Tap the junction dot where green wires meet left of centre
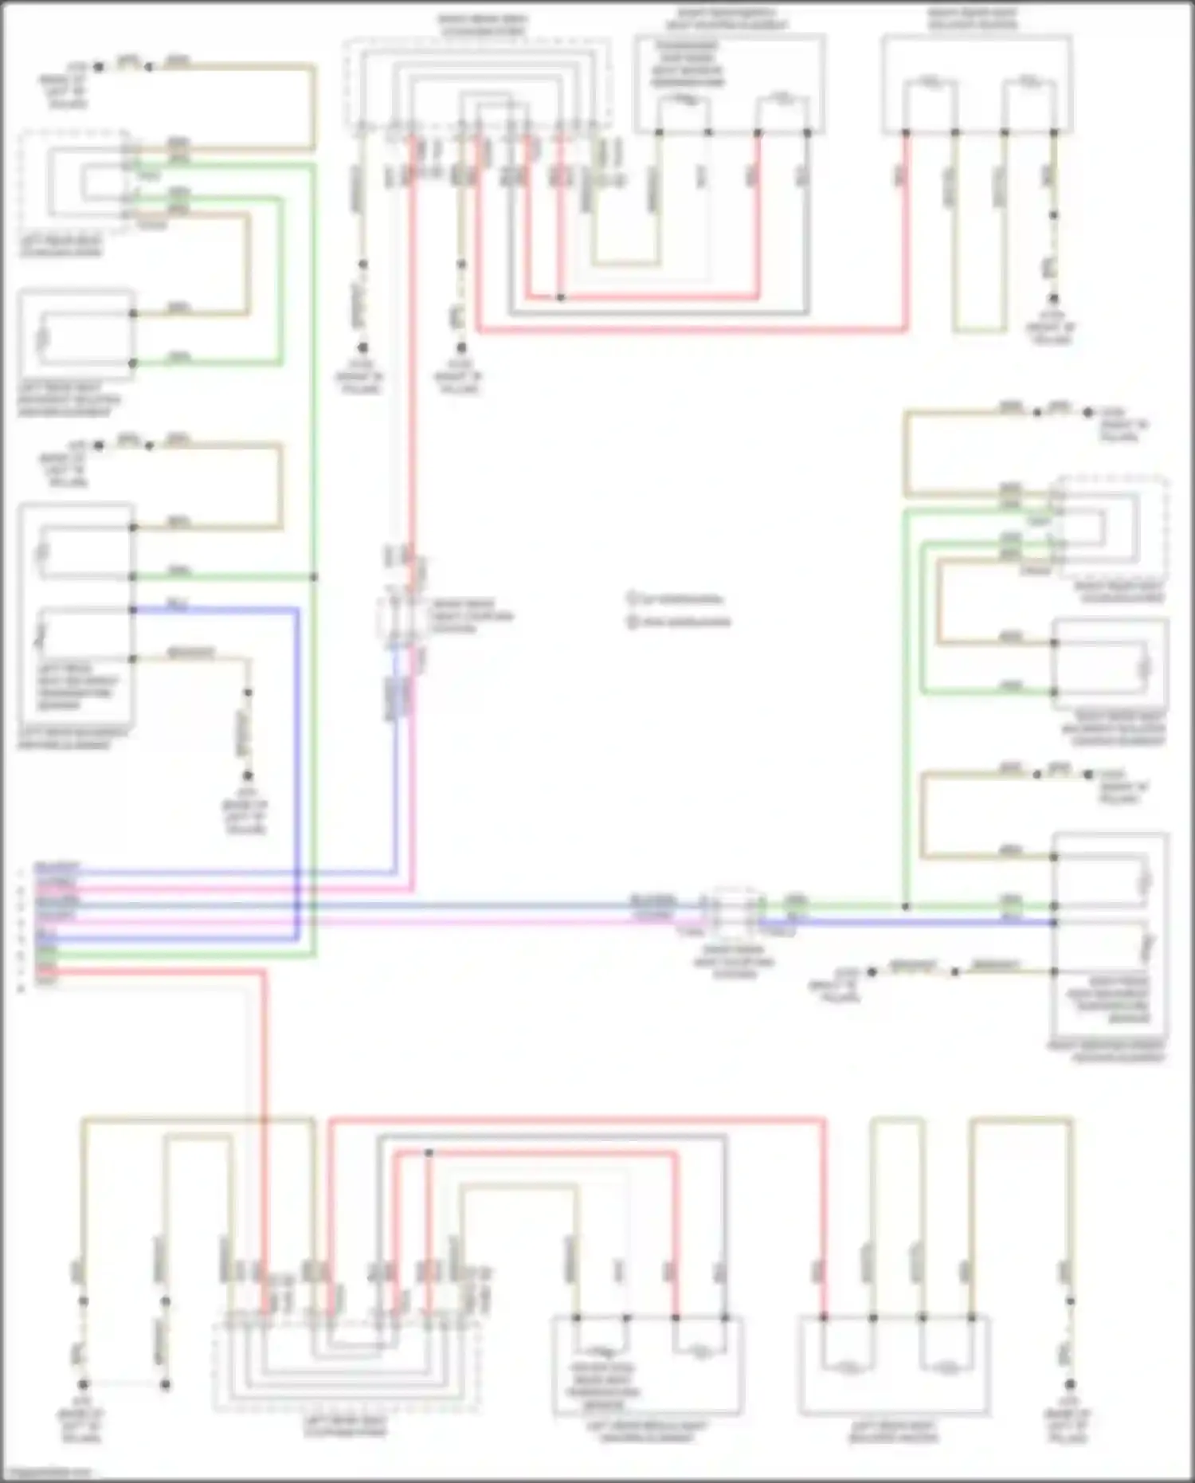pos(314,577)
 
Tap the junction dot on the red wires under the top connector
pos(561,297)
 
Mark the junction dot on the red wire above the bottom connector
pos(429,1152)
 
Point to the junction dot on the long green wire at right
pos(906,907)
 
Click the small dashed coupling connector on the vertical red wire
pos(402,617)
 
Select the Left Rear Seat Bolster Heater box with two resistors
pos(894,1365)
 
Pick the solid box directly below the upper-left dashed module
pos(76,333)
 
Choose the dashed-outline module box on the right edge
pos(1112,528)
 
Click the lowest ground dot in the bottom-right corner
pos(1070,1384)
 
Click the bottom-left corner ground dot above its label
pos(83,1384)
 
